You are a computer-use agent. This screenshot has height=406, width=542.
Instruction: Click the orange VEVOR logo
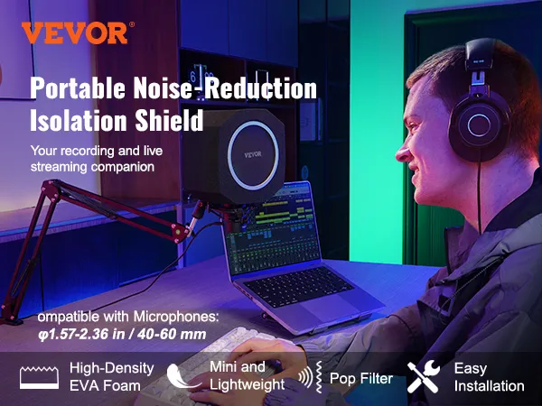[74, 33]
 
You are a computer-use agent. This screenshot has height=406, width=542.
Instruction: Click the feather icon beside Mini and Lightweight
[189, 375]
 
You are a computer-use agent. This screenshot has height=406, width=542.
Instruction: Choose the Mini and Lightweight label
[246, 376]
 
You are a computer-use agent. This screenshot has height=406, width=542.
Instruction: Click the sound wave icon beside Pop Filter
[314, 378]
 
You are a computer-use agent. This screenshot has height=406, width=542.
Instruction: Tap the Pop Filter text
[361, 378]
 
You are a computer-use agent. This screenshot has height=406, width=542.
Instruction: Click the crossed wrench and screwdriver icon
[424, 377]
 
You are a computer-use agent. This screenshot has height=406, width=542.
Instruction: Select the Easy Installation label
[489, 377]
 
